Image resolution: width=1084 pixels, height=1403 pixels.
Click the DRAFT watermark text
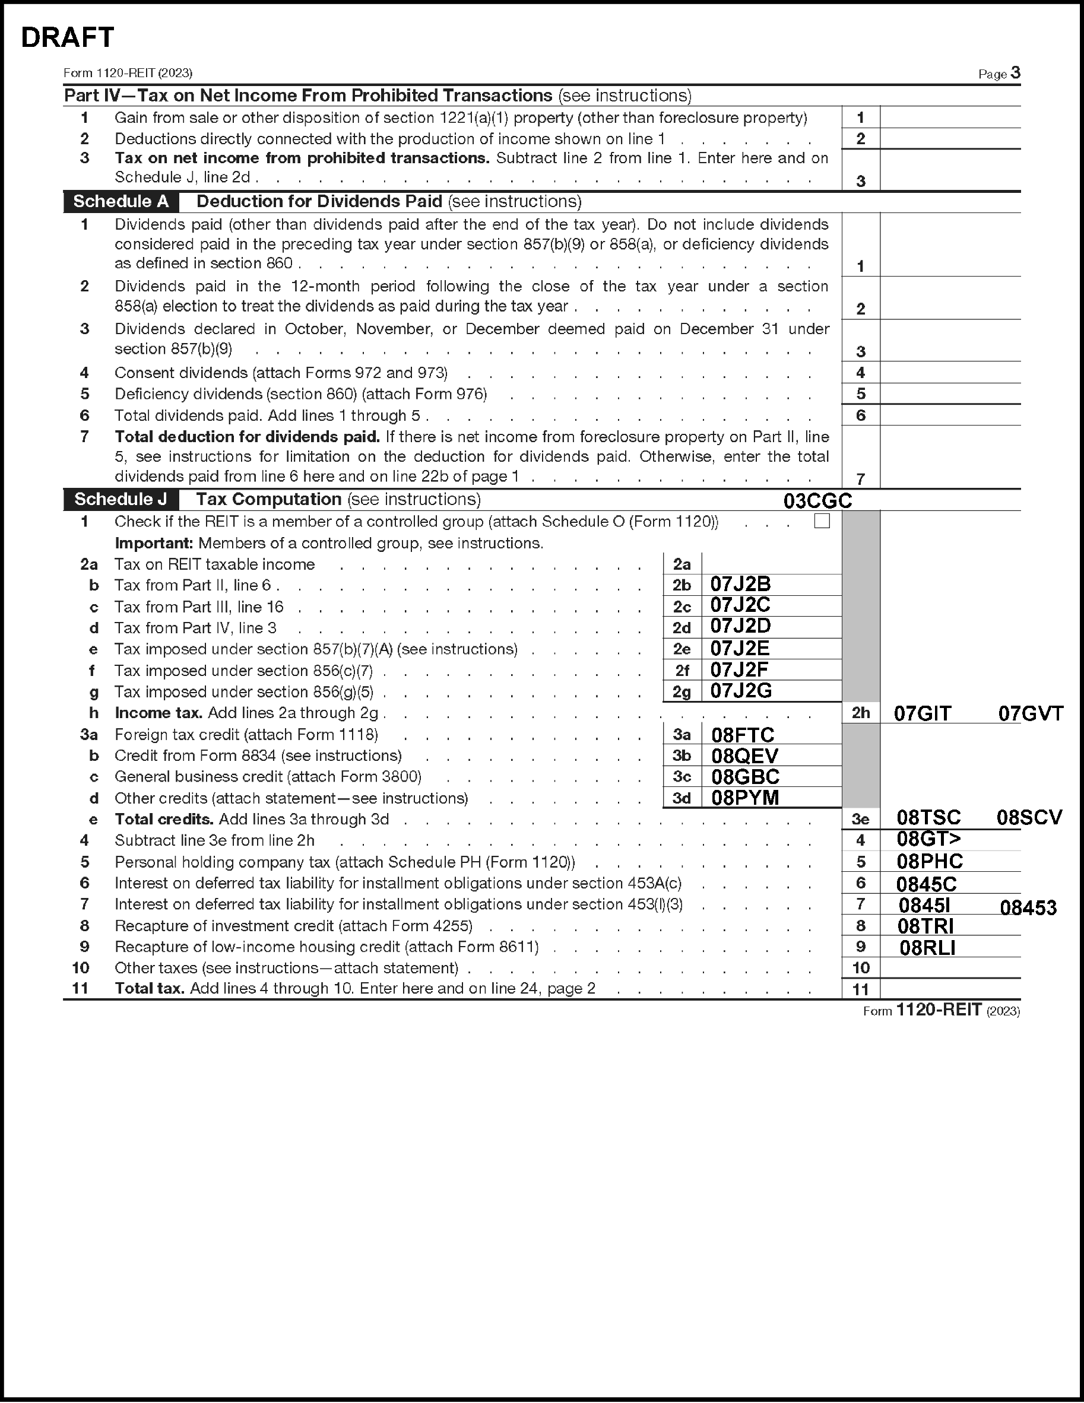click(x=68, y=38)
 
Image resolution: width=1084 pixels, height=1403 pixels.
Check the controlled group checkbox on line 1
click(x=822, y=521)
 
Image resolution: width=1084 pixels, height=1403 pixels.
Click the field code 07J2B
click(x=740, y=584)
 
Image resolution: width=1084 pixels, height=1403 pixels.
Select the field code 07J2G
click(x=741, y=691)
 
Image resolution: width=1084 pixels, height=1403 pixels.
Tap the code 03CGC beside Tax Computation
click(x=817, y=501)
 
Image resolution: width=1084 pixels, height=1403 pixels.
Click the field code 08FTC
click(x=743, y=735)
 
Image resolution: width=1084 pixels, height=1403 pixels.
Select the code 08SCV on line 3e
click(x=1029, y=818)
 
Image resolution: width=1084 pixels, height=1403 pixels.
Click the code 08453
click(x=1028, y=907)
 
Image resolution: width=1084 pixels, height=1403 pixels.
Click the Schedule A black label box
click(x=121, y=202)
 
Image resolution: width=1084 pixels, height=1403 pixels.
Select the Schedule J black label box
click(x=121, y=499)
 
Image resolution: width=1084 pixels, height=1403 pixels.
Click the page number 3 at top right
click(x=1015, y=72)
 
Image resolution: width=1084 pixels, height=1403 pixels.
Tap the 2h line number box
click(x=860, y=713)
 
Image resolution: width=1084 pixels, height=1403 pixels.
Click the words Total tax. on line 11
click(x=150, y=988)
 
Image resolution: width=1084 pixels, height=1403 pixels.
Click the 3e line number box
click(x=860, y=819)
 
